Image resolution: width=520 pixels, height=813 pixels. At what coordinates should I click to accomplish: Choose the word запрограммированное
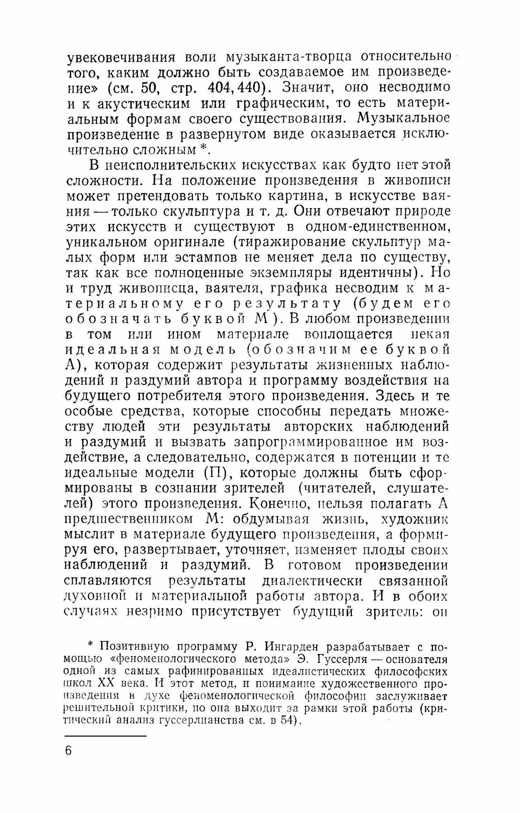(322, 443)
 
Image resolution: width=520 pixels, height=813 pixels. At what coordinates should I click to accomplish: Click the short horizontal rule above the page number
(105, 736)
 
